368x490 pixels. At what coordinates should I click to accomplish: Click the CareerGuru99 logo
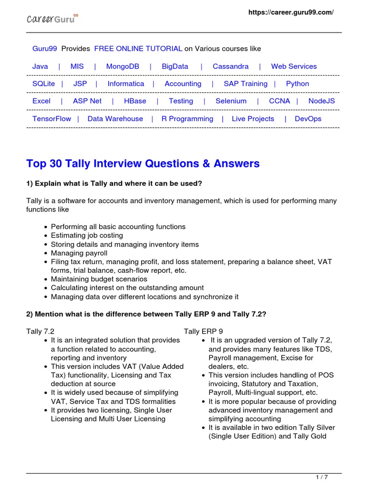52,19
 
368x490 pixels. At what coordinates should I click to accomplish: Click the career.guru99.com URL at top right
291,12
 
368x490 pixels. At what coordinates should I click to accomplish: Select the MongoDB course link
123,67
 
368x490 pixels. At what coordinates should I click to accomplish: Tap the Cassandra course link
230,67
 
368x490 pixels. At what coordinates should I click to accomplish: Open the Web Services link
294,67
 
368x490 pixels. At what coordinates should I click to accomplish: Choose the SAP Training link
245,84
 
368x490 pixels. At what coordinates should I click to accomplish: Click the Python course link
298,84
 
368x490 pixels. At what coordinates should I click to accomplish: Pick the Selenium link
231,101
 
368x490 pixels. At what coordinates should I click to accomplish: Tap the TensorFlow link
52,119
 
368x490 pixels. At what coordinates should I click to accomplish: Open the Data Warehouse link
115,119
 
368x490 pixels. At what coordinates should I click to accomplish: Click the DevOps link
308,119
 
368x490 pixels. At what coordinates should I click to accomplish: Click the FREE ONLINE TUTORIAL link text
138,49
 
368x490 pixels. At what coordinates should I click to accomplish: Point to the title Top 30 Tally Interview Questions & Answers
143,164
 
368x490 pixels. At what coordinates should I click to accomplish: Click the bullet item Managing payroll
79,253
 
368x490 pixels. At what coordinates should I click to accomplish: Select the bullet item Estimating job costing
87,235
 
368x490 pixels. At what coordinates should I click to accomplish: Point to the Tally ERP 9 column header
203,331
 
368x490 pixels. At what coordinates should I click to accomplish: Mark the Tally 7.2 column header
40,331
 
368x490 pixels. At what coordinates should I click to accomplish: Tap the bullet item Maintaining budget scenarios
99,279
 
